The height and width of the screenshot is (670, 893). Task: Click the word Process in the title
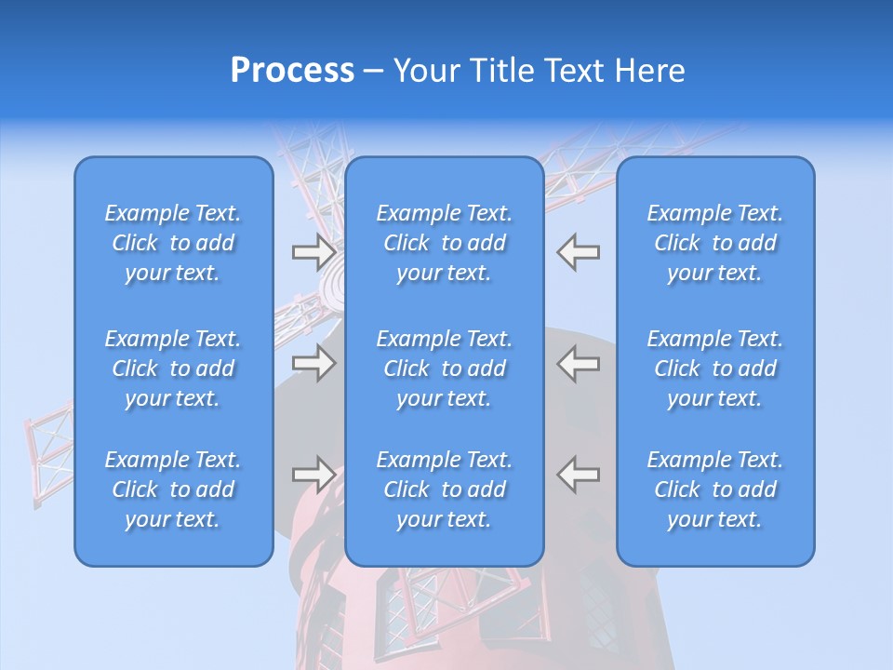click(x=292, y=71)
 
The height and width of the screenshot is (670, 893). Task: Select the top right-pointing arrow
click(x=314, y=252)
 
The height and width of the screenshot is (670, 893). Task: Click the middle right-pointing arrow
click(x=314, y=363)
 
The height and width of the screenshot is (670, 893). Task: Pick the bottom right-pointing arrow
click(x=314, y=475)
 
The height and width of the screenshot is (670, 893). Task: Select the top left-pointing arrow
click(x=578, y=252)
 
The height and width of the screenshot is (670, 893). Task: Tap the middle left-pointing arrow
click(x=578, y=363)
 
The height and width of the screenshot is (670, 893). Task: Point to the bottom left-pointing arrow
click(x=578, y=475)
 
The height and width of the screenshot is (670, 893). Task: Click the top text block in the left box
click(x=173, y=243)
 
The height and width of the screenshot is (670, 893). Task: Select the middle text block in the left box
click(x=173, y=368)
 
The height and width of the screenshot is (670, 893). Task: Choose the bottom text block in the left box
click(x=173, y=489)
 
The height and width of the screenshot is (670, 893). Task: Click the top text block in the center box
click(x=444, y=243)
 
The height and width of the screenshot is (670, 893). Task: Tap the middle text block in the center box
click(x=444, y=368)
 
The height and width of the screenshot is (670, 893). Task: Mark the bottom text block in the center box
click(x=444, y=489)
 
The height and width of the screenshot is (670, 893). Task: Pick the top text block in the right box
click(x=714, y=243)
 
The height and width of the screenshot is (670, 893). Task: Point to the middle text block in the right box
click(x=714, y=368)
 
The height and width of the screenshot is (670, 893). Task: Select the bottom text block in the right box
click(x=714, y=489)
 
